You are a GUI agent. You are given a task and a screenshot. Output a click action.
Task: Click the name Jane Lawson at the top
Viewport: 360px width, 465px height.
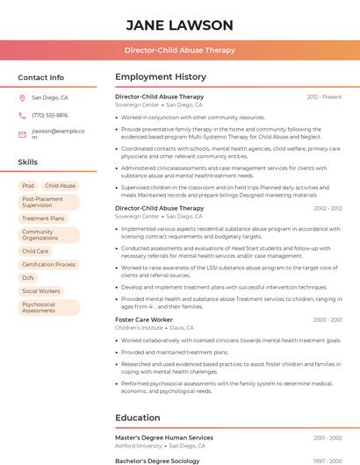179,25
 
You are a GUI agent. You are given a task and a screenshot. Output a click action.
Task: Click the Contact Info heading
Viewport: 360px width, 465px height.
40,77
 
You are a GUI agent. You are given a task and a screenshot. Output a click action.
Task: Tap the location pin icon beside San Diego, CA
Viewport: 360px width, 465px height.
22,98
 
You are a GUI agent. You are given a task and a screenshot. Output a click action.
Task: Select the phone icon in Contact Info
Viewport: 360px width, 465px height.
22,116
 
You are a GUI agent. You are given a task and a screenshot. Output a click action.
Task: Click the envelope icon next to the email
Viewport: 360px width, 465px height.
22,134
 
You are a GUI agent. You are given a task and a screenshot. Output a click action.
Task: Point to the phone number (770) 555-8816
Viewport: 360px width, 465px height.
49,116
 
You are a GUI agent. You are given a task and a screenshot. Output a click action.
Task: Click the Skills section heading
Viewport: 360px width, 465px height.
28,162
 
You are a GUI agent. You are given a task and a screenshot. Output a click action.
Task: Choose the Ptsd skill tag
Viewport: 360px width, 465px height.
28,186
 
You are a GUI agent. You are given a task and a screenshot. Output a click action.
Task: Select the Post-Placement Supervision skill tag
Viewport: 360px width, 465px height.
48,202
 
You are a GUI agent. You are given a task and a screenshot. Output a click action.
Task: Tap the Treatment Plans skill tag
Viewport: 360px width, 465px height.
43,218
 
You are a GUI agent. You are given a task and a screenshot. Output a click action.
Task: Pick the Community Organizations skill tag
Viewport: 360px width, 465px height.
48,235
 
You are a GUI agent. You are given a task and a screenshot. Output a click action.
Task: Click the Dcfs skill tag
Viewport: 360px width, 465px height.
28,277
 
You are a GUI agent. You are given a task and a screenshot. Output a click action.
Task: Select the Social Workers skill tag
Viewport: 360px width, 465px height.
41,290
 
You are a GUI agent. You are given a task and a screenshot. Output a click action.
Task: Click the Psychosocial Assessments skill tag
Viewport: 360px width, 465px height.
48,307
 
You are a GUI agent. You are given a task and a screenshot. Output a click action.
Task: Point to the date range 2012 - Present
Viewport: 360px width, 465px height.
324,97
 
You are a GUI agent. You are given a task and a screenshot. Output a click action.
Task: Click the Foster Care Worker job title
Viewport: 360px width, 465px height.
144,320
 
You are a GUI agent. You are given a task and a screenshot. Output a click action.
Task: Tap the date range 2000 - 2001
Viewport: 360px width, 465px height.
328,320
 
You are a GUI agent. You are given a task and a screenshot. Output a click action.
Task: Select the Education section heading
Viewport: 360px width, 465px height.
138,418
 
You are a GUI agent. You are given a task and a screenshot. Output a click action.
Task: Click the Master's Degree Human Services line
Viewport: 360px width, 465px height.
164,438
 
